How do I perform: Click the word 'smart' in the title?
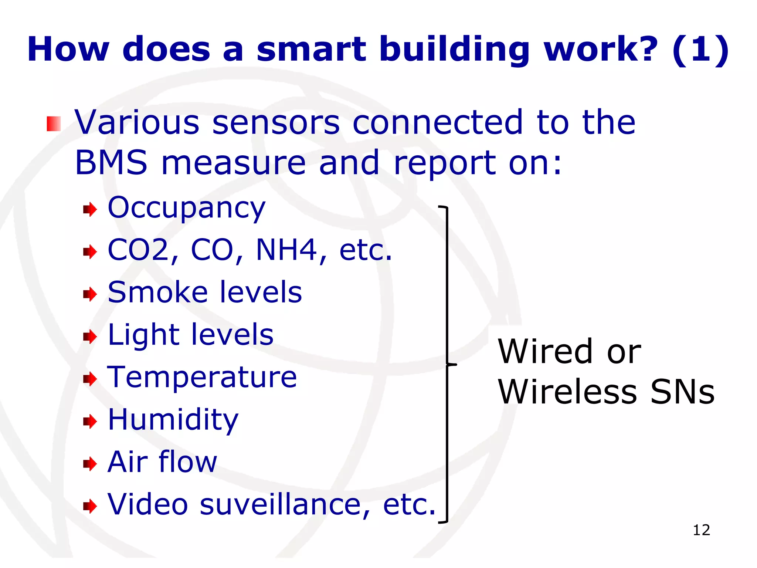pyautogui.click(x=311, y=50)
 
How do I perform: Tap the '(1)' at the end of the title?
pyautogui.click(x=700, y=50)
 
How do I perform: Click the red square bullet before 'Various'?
pyautogui.click(x=54, y=124)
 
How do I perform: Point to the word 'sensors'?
pyautogui.click(x=276, y=123)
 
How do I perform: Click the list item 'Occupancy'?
pyautogui.click(x=186, y=208)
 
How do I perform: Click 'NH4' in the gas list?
pyautogui.click(x=286, y=250)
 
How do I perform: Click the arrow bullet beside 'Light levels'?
pyautogui.click(x=90, y=337)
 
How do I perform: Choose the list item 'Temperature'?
pyautogui.click(x=202, y=377)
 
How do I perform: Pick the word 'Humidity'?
pyautogui.click(x=173, y=420)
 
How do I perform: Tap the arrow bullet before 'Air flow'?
pyautogui.click(x=90, y=464)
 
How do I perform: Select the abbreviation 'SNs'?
pyautogui.click(x=682, y=392)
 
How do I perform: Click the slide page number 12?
pyautogui.click(x=701, y=530)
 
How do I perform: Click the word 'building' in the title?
pyautogui.click(x=455, y=50)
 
